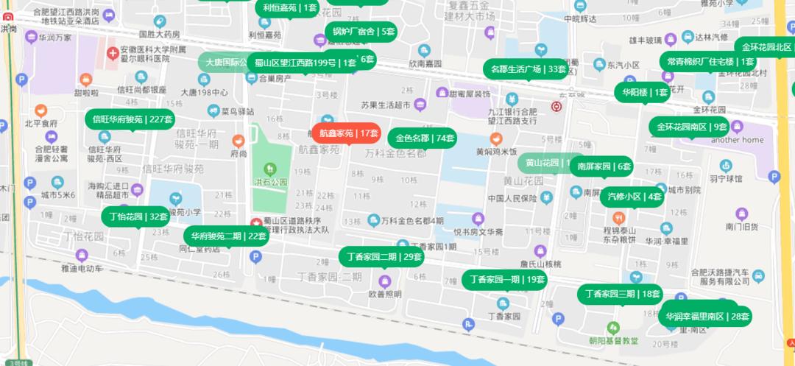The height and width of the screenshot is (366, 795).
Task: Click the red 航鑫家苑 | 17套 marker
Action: click(x=346, y=133)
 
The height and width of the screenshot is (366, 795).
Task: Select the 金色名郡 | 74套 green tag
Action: click(x=425, y=138)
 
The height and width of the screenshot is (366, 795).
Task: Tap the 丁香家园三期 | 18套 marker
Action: click(x=622, y=294)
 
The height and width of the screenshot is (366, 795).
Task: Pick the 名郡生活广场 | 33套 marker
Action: click(x=528, y=69)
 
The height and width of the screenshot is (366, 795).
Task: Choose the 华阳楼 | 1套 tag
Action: click(x=645, y=92)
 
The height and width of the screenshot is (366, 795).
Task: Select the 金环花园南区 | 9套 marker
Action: click(x=688, y=127)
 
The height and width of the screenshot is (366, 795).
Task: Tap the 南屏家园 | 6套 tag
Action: click(x=604, y=166)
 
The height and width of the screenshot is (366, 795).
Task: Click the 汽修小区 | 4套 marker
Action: click(x=634, y=197)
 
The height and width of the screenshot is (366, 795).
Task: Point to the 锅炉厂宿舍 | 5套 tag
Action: click(x=364, y=32)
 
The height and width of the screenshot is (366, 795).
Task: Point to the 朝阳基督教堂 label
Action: click(x=613, y=340)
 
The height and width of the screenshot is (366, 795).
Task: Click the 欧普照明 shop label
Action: click(x=385, y=294)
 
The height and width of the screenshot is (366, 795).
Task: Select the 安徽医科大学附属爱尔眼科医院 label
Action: click(x=145, y=54)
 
